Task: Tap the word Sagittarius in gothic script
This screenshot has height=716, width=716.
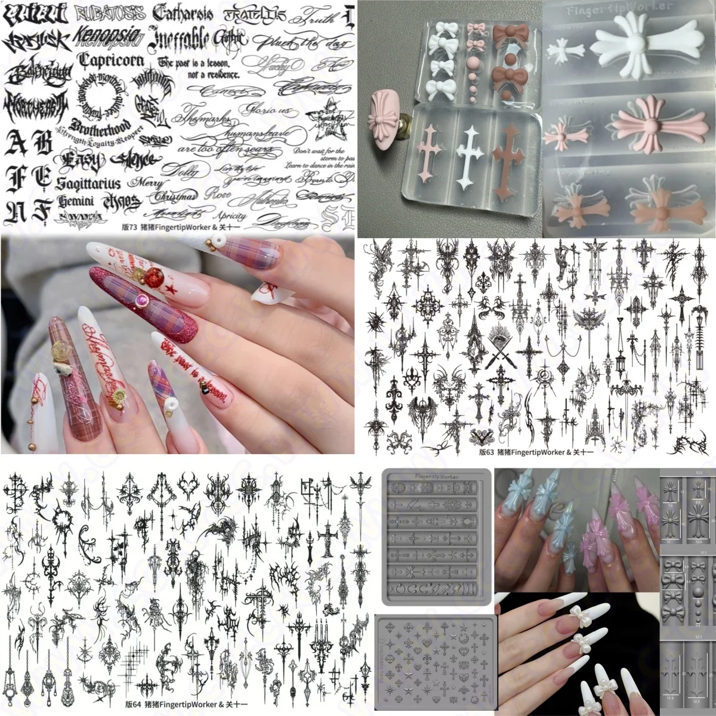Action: point(89,183)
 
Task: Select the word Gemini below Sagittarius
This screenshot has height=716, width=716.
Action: point(78,200)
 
